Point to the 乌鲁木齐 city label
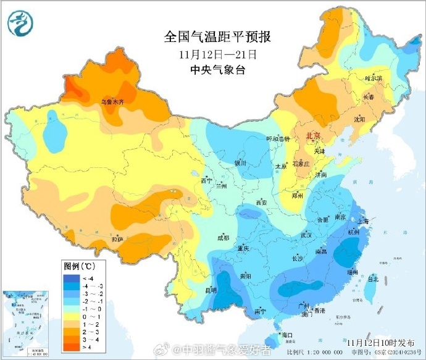pos(115,101)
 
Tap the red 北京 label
pos(314,136)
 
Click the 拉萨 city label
pos(117,239)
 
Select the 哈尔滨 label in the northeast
pos(373,78)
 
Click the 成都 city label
pos(223,238)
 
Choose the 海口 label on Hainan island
pos(286,335)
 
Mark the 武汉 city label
pos(306,235)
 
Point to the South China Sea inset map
pos(26,322)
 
